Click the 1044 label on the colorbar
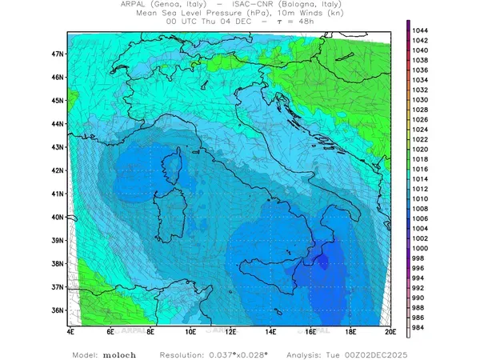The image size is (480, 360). (422, 30)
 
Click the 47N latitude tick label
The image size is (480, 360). (58, 54)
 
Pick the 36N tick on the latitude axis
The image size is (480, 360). (58, 310)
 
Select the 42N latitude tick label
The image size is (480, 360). (58, 170)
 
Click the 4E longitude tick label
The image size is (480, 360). (70, 330)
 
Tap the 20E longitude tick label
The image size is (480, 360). (390, 330)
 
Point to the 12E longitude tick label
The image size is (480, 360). (230, 330)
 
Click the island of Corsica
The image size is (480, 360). (170, 172)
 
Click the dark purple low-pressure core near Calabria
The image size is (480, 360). (322, 261)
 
